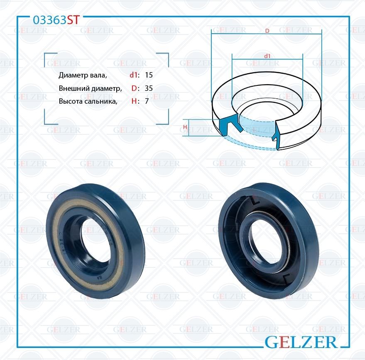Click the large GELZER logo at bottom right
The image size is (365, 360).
click(x=300, y=342)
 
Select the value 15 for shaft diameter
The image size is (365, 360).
click(x=149, y=75)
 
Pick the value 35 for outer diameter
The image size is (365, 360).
click(x=149, y=88)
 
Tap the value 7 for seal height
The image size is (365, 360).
click(x=147, y=101)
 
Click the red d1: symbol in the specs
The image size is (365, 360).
click(x=134, y=75)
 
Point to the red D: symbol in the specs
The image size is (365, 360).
click(x=135, y=88)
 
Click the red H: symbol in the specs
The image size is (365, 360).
click(x=135, y=101)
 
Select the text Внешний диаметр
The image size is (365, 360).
click(x=90, y=88)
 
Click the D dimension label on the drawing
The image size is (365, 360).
click(x=267, y=31)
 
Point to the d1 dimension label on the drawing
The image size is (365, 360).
click(x=267, y=56)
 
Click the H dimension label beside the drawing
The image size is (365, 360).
click(x=185, y=127)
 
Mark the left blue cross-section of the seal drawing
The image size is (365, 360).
click(x=226, y=126)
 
